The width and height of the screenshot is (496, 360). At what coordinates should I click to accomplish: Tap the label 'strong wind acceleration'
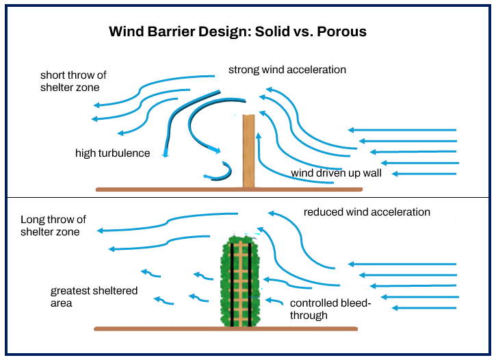coord(287,70)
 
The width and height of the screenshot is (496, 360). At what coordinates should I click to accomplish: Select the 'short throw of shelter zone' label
coord(73,81)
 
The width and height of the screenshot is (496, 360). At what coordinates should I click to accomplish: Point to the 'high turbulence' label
coord(112,153)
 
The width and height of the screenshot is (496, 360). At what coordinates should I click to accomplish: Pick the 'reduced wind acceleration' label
coord(367,212)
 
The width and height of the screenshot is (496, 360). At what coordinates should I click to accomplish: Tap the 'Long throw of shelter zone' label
coord(53,226)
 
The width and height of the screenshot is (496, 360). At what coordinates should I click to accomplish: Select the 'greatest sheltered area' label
coord(94,296)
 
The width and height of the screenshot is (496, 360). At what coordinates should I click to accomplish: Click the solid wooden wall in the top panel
coord(248,151)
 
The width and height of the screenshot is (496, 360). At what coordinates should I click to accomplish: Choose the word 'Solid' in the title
coord(280,32)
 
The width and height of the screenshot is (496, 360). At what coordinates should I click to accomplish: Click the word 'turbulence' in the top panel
coord(125,153)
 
